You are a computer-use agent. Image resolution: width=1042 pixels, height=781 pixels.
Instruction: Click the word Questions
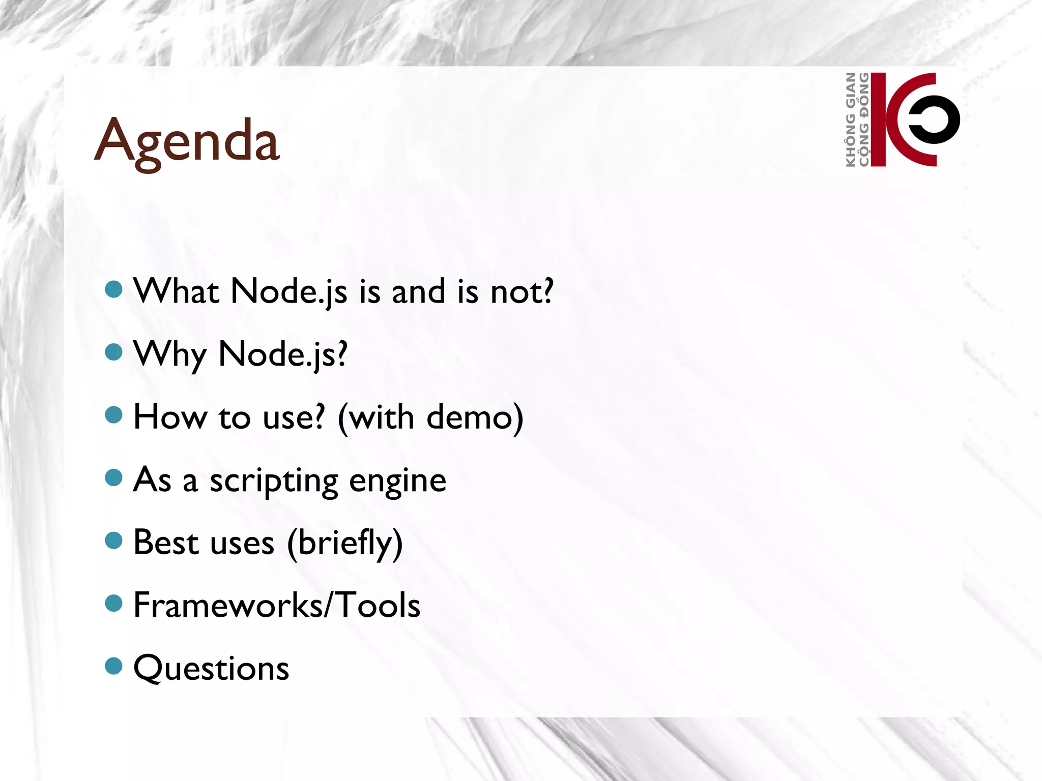click(211, 668)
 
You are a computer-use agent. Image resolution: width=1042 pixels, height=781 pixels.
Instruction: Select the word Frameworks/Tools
click(277, 605)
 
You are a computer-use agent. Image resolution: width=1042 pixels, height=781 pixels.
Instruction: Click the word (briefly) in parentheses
click(345, 544)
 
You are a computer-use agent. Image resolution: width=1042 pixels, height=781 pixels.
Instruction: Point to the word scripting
click(274, 481)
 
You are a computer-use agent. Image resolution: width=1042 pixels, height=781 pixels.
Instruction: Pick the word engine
click(397, 481)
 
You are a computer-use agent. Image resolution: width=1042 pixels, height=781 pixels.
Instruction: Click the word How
click(170, 417)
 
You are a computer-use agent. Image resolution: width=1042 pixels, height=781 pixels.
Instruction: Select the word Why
click(170, 355)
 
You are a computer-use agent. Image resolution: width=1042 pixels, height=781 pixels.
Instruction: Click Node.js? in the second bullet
click(283, 354)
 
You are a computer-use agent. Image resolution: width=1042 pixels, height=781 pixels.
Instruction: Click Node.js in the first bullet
click(289, 292)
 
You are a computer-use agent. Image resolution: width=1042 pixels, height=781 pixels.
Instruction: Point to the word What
click(177, 291)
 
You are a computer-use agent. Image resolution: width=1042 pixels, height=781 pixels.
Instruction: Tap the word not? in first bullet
click(522, 292)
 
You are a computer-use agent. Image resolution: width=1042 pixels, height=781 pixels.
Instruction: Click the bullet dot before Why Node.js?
click(113, 352)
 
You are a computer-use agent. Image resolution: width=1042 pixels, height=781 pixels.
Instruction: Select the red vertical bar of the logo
click(878, 119)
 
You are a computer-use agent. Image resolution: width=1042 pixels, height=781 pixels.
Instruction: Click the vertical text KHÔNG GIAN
click(850, 119)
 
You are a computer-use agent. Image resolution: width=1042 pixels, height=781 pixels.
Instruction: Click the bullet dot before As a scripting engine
click(113, 477)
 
